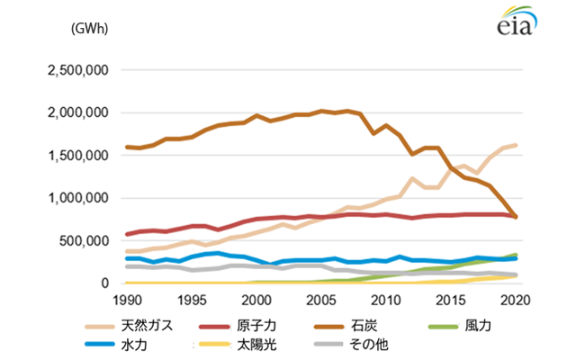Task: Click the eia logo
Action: point(517,21)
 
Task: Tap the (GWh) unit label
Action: point(89,29)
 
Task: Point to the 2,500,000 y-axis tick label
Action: point(78,70)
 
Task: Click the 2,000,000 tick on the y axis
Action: point(78,112)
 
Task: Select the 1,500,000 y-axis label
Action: point(78,156)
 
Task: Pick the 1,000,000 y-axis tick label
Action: point(78,198)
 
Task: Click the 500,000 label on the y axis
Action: point(84,241)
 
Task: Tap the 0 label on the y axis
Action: point(104,283)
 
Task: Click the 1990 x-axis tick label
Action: point(127,301)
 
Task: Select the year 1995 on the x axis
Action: point(192,301)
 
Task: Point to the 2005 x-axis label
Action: point(321,301)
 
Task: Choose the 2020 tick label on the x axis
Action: point(515,301)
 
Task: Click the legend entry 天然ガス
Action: point(147,326)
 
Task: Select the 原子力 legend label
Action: point(256,326)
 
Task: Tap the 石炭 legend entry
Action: point(364,326)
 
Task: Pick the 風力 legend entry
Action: point(478,326)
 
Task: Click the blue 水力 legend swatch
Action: point(100,344)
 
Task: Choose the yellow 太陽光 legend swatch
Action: point(214,344)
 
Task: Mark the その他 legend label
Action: point(369,345)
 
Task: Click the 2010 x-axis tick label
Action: point(386,301)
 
